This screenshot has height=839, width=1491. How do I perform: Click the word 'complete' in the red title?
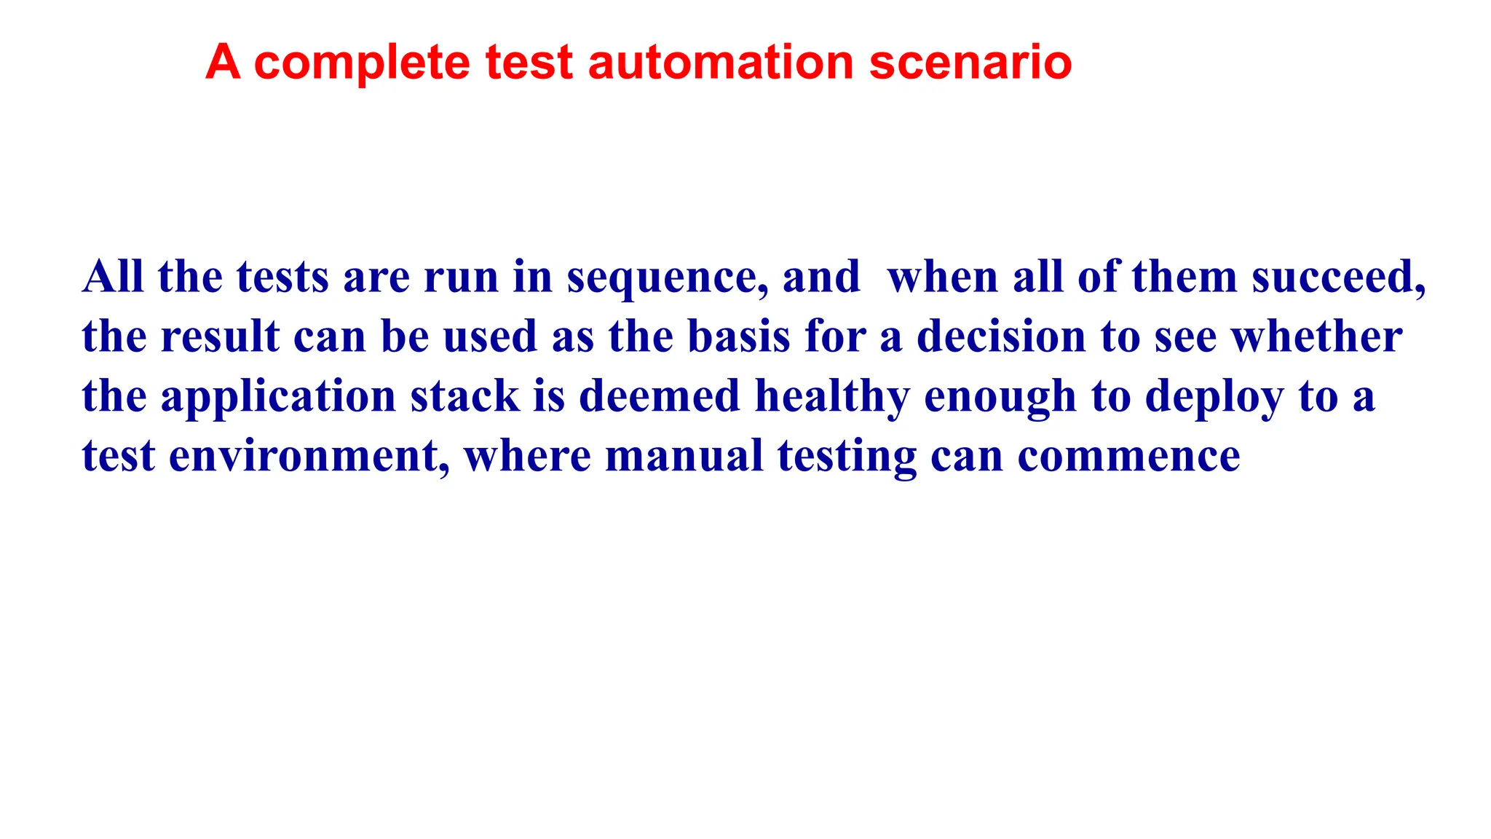point(362,63)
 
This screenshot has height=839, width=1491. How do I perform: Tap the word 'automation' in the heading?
point(720,63)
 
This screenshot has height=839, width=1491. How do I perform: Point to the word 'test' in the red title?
point(529,63)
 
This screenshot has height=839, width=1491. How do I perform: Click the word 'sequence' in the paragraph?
point(666,278)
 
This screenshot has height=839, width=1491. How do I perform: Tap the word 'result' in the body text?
point(220,337)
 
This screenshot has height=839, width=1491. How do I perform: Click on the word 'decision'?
point(1001,337)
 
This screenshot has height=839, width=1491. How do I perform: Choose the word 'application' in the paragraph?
point(278,397)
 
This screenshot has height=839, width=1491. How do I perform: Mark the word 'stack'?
point(464,397)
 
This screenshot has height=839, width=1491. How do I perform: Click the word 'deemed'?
point(659,397)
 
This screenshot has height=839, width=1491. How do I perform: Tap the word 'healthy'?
point(832,397)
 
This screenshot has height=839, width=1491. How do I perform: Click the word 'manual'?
point(684,457)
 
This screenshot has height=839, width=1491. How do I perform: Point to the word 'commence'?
point(1128,457)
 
